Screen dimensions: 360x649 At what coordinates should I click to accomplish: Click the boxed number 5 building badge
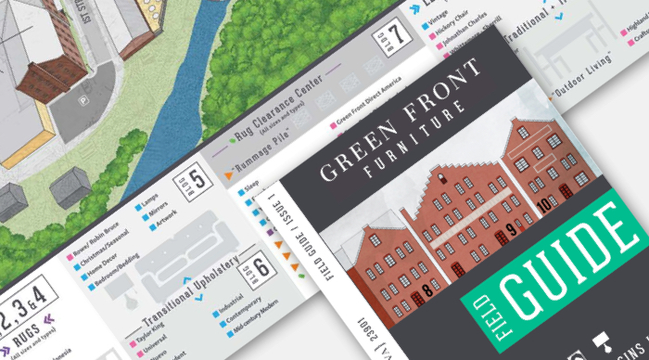tap(196, 176)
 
